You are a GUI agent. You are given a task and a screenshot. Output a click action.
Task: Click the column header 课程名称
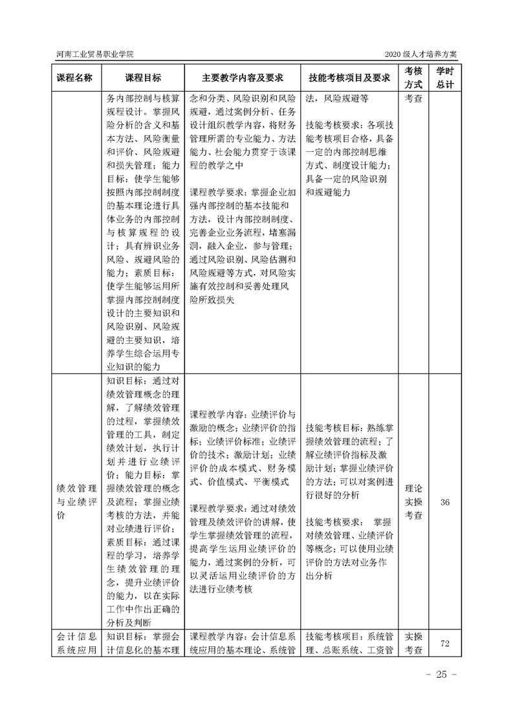point(75,78)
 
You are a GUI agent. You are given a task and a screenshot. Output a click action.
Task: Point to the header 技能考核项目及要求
point(350,78)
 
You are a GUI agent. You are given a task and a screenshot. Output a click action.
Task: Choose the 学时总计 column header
point(444,78)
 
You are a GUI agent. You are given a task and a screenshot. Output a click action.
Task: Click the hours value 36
point(444,501)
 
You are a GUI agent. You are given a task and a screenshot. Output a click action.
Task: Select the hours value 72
point(444,644)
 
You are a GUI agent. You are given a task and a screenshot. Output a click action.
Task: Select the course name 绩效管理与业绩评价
point(75,501)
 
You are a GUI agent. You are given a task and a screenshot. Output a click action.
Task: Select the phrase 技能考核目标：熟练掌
point(350,428)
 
